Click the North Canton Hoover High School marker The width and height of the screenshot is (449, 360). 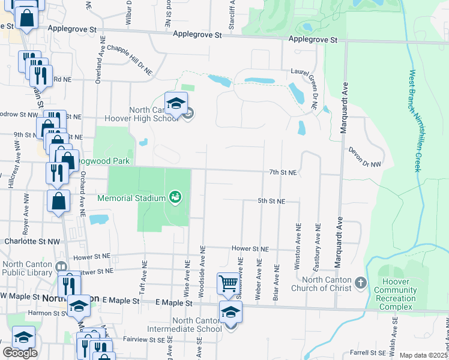[x=176, y=104]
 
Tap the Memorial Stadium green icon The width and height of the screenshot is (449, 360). [x=175, y=197]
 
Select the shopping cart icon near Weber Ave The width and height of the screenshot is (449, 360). [x=228, y=283]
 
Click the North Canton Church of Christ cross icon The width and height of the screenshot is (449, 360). [x=360, y=282]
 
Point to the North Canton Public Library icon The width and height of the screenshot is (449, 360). [x=61, y=266]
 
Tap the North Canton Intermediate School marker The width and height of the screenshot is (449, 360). [x=230, y=313]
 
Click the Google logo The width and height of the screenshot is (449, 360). [x=20, y=353]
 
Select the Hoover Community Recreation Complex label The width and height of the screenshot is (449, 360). [x=395, y=294]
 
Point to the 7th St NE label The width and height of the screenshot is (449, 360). [x=283, y=172]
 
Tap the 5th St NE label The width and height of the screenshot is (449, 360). [x=271, y=201]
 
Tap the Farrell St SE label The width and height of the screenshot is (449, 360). [x=367, y=353]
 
